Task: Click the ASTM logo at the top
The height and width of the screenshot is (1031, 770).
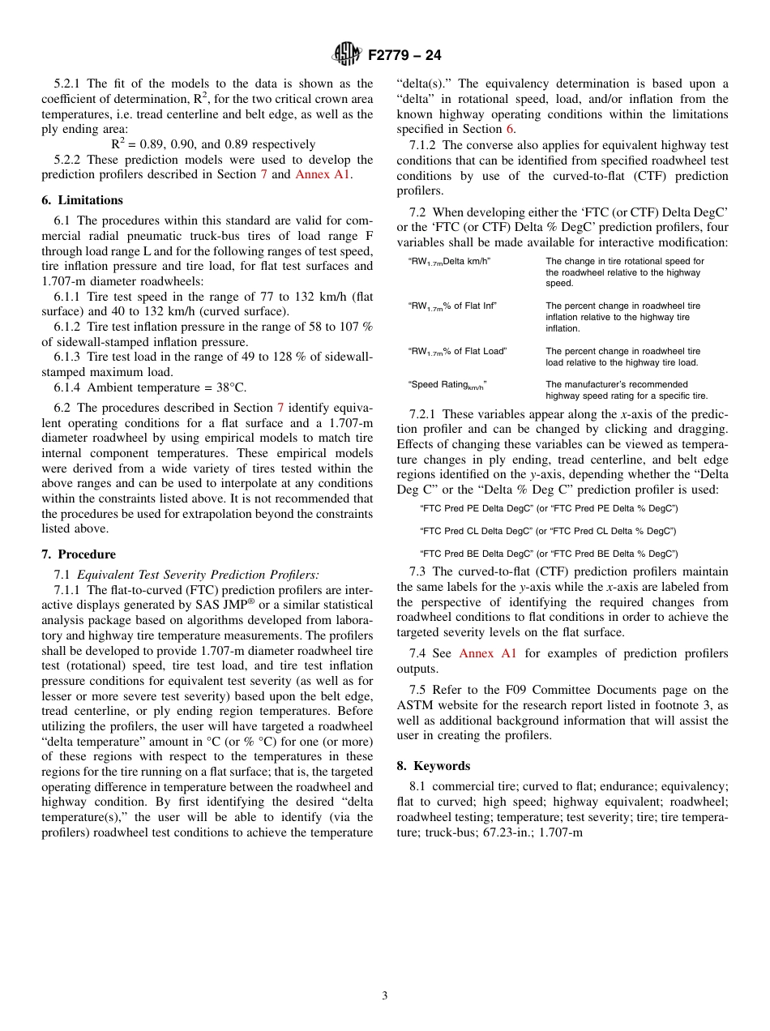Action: point(347,55)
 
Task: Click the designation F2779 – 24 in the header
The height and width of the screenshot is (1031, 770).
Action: point(404,56)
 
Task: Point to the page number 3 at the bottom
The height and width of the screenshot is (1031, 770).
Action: point(385,996)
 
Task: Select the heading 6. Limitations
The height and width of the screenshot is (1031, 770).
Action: point(83,200)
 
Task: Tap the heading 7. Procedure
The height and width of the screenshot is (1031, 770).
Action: point(79,554)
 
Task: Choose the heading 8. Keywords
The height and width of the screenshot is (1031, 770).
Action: point(434,766)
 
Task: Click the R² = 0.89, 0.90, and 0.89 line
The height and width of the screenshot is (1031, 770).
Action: point(213,144)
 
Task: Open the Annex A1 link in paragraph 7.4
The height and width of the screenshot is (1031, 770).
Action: point(487,653)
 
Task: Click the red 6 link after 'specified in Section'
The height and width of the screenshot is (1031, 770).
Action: point(510,129)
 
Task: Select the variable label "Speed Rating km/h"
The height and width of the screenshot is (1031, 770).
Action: point(447,385)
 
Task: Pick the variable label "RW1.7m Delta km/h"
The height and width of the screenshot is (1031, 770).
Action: point(449,262)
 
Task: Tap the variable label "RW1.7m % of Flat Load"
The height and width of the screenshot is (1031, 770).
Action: point(457,352)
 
